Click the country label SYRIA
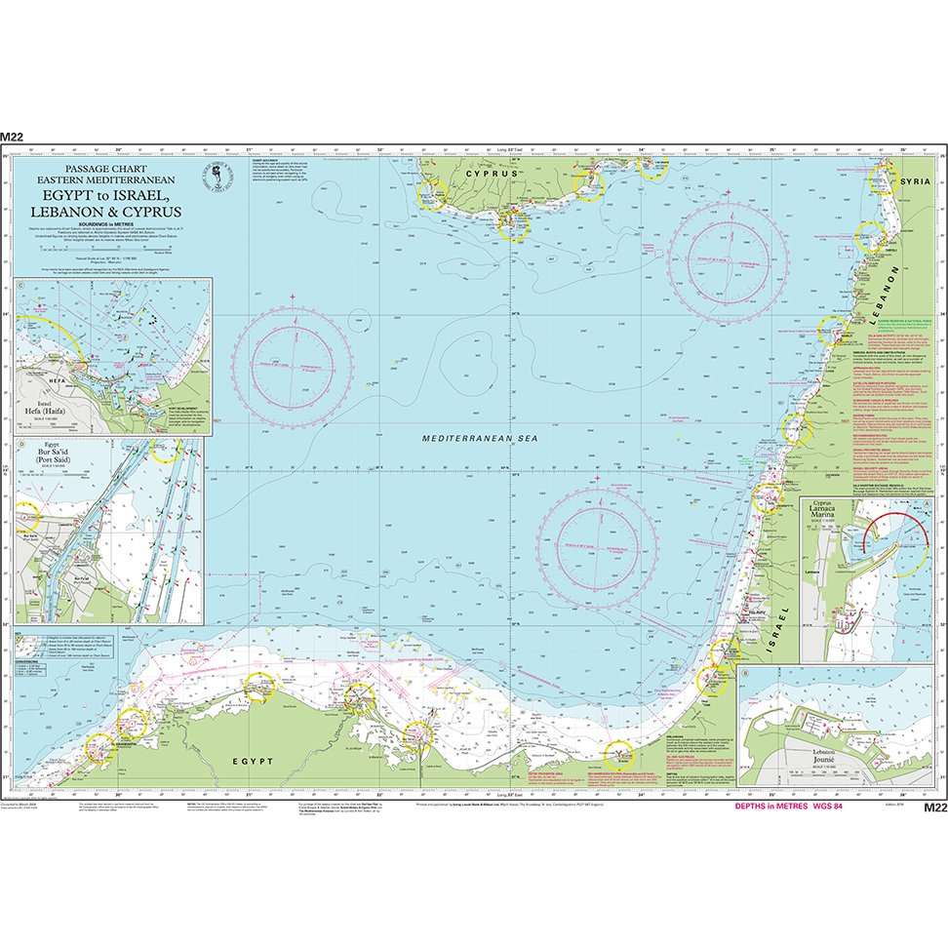916,182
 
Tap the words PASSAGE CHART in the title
105,169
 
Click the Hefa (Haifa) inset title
52,411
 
